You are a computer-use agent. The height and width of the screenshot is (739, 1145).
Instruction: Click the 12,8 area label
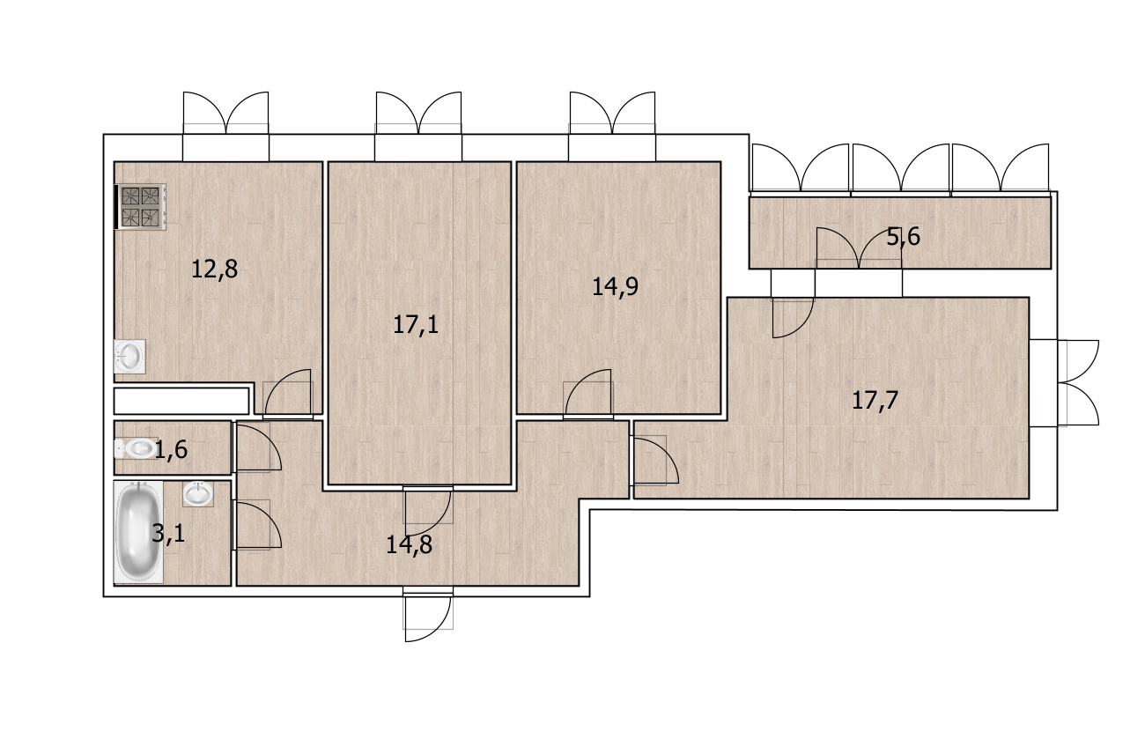tap(214, 270)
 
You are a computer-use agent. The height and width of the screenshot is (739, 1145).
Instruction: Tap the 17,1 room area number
tap(416, 324)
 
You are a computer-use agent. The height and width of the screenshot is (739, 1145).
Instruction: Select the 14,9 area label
tap(615, 286)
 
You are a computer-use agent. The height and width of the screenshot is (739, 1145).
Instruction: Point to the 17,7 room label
tap(875, 400)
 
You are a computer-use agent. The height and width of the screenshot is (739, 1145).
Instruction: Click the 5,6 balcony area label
tap(903, 237)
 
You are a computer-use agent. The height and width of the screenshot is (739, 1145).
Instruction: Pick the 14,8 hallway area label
tap(409, 545)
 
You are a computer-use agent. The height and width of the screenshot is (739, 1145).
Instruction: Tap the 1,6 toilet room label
tap(171, 450)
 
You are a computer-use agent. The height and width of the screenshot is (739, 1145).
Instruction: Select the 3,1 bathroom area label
tap(168, 534)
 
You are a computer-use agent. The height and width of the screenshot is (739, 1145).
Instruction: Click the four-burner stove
tap(141, 207)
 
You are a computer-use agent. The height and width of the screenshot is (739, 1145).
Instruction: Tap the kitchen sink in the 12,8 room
tap(129, 356)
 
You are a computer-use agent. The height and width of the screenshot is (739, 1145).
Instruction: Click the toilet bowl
tap(136, 448)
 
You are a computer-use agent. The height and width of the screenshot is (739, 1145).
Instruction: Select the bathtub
tap(138, 531)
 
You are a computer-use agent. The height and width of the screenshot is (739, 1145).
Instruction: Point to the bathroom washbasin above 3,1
tap(198, 493)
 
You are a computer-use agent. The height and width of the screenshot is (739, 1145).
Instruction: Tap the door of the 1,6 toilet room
tap(256, 447)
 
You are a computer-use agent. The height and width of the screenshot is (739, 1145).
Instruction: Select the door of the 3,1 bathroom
tap(256, 525)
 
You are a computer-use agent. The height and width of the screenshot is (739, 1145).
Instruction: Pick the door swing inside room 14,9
tap(587, 394)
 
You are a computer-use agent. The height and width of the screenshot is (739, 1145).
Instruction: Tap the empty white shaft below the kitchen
tap(181, 401)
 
